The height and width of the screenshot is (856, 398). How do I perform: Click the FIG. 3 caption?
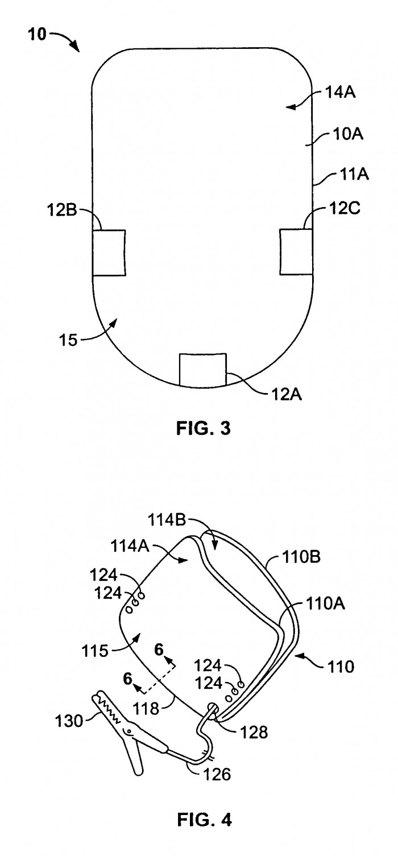coord(203,428)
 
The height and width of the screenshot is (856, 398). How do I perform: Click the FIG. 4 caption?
coord(204,819)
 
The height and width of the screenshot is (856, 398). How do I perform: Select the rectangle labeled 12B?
coord(109,253)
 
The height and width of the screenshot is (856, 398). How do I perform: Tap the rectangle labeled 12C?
coord(297,252)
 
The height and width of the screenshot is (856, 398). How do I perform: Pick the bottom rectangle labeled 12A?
coord(203,369)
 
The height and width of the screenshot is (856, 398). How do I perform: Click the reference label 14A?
coord(340,92)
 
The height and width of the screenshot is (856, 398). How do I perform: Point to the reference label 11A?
coord(353,174)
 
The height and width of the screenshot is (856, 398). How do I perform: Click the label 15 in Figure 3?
coord(68,340)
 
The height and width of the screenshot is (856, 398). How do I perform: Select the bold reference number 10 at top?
coord(37,35)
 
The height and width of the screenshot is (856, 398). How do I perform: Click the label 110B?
coord(301,557)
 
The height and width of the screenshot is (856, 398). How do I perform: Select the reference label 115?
coord(95,651)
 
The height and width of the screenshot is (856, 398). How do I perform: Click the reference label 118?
coord(147,709)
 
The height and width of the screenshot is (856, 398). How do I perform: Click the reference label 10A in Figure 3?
coord(348,134)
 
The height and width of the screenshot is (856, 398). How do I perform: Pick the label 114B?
coord(168,520)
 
